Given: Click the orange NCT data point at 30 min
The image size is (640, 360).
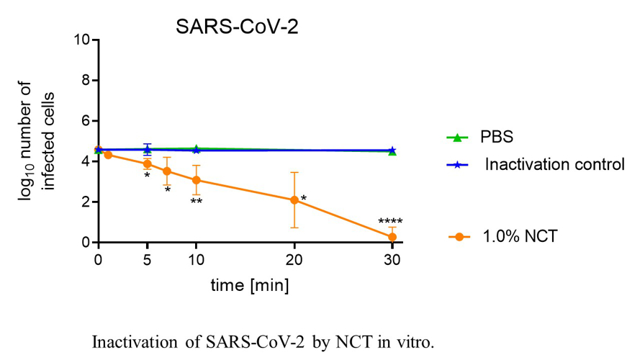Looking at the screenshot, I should (x=392, y=237).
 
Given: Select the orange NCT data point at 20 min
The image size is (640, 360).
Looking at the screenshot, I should (x=294, y=200).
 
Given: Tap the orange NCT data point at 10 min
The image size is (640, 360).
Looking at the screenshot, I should (x=196, y=180).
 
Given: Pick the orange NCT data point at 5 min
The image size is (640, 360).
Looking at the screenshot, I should (x=148, y=164).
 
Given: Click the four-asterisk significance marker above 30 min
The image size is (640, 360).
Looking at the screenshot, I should (x=391, y=222).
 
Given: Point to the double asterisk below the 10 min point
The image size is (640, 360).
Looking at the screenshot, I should (x=196, y=202).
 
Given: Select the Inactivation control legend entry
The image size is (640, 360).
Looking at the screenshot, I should (x=553, y=165).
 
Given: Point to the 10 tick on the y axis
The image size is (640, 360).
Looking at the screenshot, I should (x=83, y=40).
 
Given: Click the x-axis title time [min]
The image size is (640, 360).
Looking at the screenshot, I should (x=249, y=286).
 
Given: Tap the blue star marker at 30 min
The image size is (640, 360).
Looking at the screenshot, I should (x=392, y=150).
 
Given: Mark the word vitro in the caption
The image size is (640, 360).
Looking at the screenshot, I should (x=417, y=343).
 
